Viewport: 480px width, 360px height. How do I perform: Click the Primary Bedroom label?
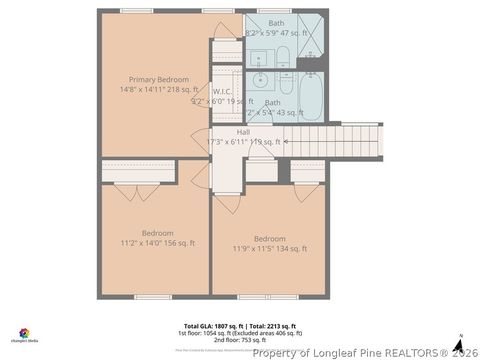tap(153, 79)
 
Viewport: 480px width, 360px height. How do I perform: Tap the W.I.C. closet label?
tap(222, 91)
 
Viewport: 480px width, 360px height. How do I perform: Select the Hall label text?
tap(243, 132)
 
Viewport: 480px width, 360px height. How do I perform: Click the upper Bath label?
tap(275, 23)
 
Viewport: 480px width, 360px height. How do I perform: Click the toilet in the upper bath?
tap(282, 55)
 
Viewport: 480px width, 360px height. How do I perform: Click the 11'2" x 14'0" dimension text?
tap(158, 242)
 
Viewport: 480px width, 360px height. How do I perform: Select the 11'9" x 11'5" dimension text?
tap(270, 248)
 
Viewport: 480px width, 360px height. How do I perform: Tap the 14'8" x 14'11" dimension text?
tap(153, 89)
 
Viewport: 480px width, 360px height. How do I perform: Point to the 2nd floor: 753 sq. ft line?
tap(238, 340)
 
